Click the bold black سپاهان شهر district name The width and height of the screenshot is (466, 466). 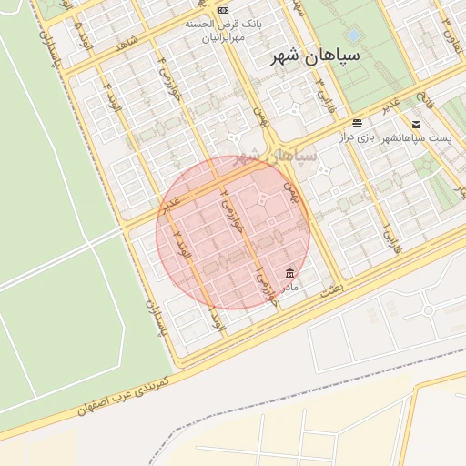(x=316, y=56)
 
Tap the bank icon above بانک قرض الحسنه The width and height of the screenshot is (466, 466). (x=224, y=10)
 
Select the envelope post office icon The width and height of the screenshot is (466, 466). (x=416, y=124)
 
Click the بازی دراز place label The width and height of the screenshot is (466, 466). (x=358, y=137)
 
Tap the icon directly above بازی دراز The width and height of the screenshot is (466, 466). (x=358, y=123)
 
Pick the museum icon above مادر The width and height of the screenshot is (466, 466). (x=289, y=273)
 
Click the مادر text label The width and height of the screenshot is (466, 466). (x=289, y=287)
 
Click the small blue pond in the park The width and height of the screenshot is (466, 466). (x=353, y=35)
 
